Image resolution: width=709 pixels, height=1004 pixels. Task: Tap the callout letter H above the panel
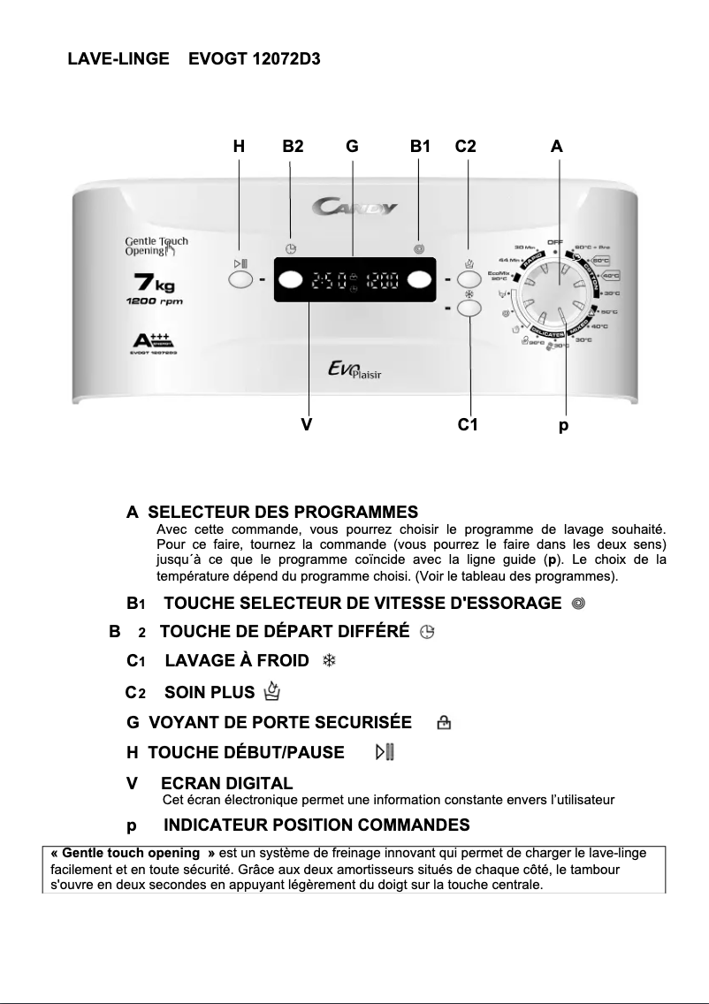point(239,148)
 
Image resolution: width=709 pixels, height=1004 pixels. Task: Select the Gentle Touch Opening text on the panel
point(156,246)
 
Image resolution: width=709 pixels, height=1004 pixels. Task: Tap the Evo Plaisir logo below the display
point(354,372)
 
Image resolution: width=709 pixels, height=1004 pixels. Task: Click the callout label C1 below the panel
point(468,425)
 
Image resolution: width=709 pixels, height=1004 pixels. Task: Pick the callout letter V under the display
point(306,425)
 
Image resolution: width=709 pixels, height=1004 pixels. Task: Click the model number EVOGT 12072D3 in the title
point(255,59)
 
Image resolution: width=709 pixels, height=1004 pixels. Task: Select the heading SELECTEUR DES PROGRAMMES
point(282,512)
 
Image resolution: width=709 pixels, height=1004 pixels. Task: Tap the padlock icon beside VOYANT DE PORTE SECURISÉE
point(444,723)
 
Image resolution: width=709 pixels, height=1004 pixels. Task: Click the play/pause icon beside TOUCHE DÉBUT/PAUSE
point(385,752)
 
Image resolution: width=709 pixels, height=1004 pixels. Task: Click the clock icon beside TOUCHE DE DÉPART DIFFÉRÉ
point(427,632)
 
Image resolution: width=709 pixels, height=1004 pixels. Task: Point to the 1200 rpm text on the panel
point(154,302)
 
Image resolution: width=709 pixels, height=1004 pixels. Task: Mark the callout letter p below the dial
point(563,425)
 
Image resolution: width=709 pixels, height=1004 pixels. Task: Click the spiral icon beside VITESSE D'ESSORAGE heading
point(578,603)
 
